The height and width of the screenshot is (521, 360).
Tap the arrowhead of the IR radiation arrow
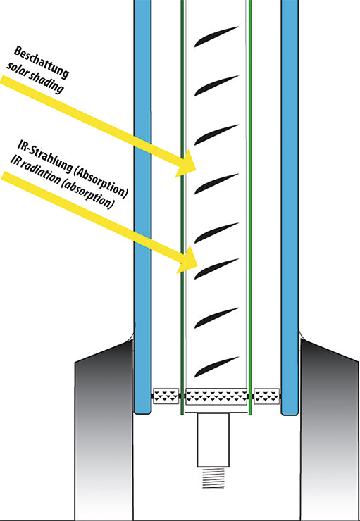click(x=187, y=260)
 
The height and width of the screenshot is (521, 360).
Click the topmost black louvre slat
click(x=216, y=36)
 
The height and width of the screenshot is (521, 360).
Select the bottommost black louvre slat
click(x=216, y=367)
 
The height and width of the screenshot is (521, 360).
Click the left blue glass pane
click(x=142, y=206)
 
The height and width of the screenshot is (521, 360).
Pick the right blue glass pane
click(x=290, y=206)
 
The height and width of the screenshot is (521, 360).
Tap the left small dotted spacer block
click(x=166, y=396)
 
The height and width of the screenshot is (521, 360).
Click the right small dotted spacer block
click(x=266, y=396)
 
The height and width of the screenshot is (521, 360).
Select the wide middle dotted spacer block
click(x=216, y=396)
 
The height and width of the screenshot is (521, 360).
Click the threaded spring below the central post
click(x=213, y=478)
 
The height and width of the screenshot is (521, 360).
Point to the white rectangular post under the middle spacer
click(x=213, y=440)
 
